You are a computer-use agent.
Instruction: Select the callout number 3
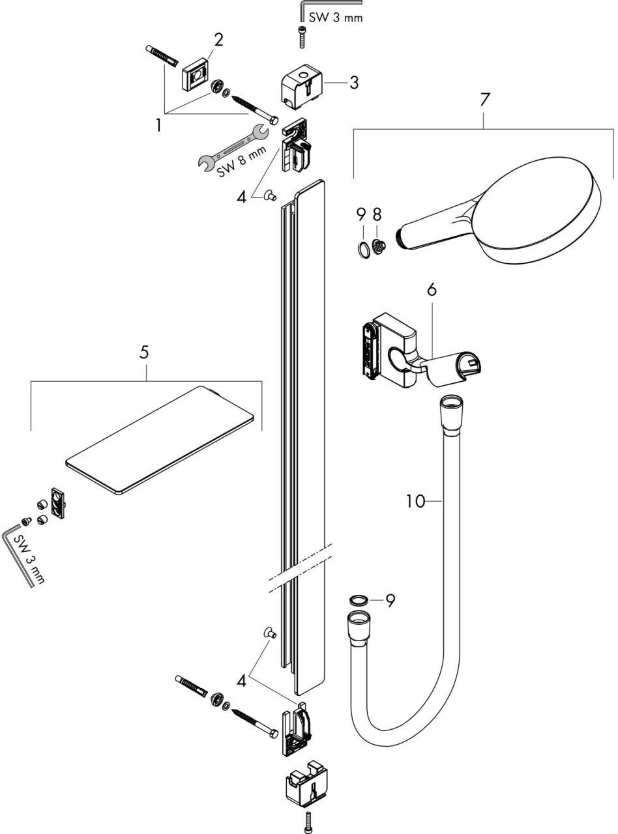click(353, 83)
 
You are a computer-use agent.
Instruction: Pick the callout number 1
click(158, 125)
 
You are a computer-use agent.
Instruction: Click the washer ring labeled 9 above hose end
click(357, 599)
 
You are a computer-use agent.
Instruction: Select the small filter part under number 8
click(378, 248)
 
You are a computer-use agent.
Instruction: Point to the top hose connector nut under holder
click(450, 412)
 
